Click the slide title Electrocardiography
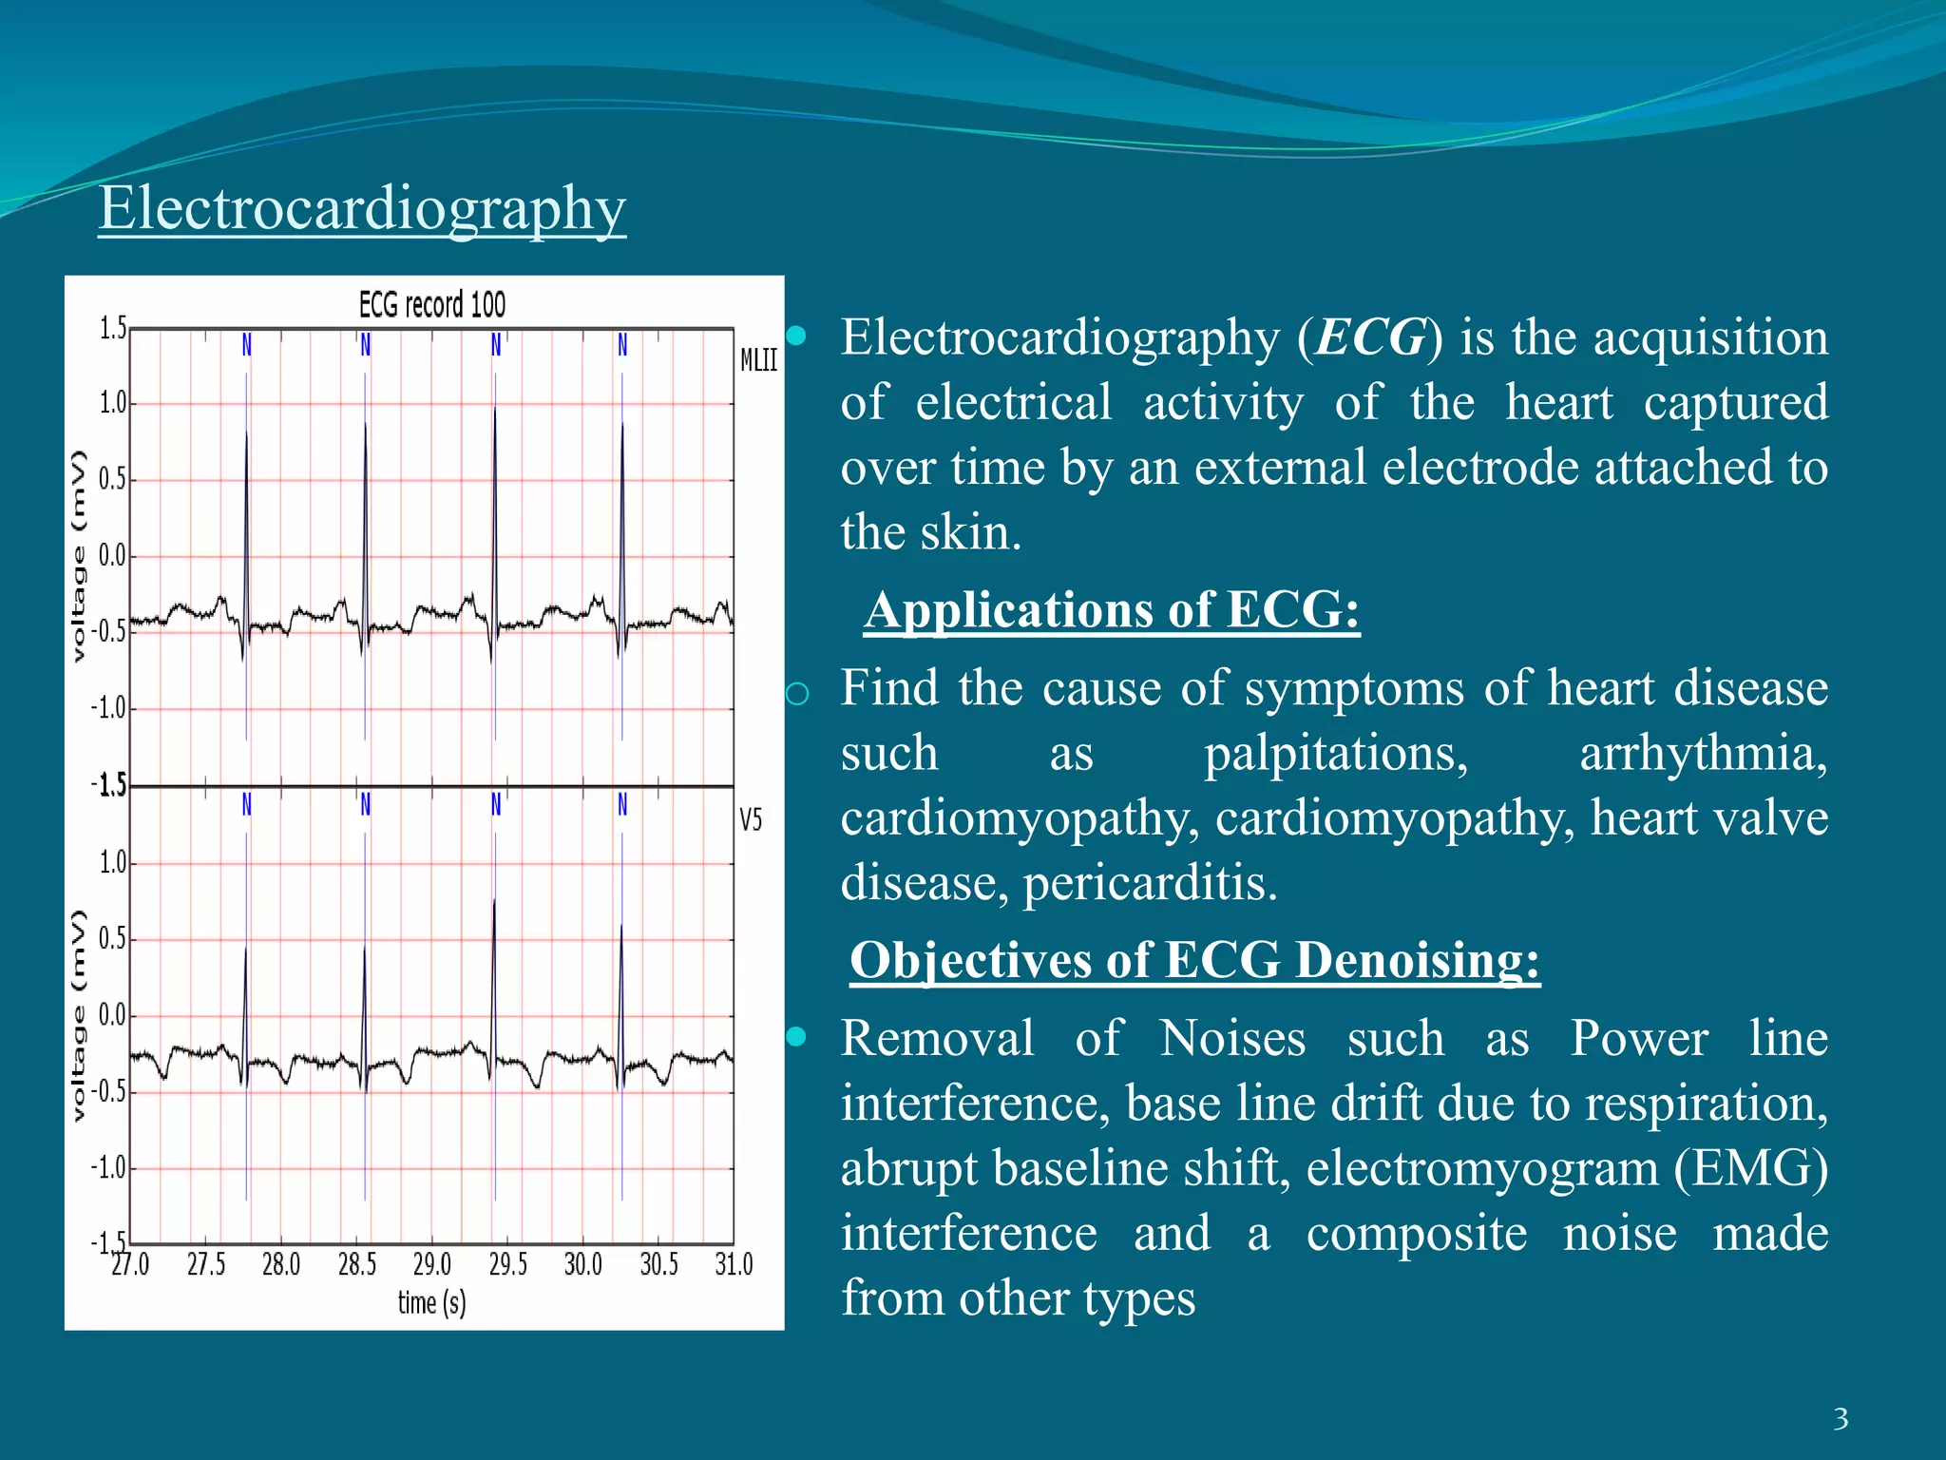(362, 208)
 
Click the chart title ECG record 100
(432, 305)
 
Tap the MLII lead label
(758, 360)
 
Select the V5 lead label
(751, 819)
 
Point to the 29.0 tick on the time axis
(432, 1265)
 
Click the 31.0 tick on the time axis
(734, 1265)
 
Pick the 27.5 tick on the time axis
(206, 1265)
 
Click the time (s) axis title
(432, 1303)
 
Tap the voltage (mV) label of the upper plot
(79, 556)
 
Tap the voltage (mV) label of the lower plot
(79, 1015)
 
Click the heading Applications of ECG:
(1112, 610)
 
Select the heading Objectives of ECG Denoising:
(1194, 961)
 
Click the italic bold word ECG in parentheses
(1370, 337)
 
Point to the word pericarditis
(1150, 883)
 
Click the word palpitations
(1336, 754)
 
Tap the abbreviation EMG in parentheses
(1750, 1168)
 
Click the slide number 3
(1841, 1419)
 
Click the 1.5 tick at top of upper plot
(113, 329)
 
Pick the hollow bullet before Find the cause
(798, 694)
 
